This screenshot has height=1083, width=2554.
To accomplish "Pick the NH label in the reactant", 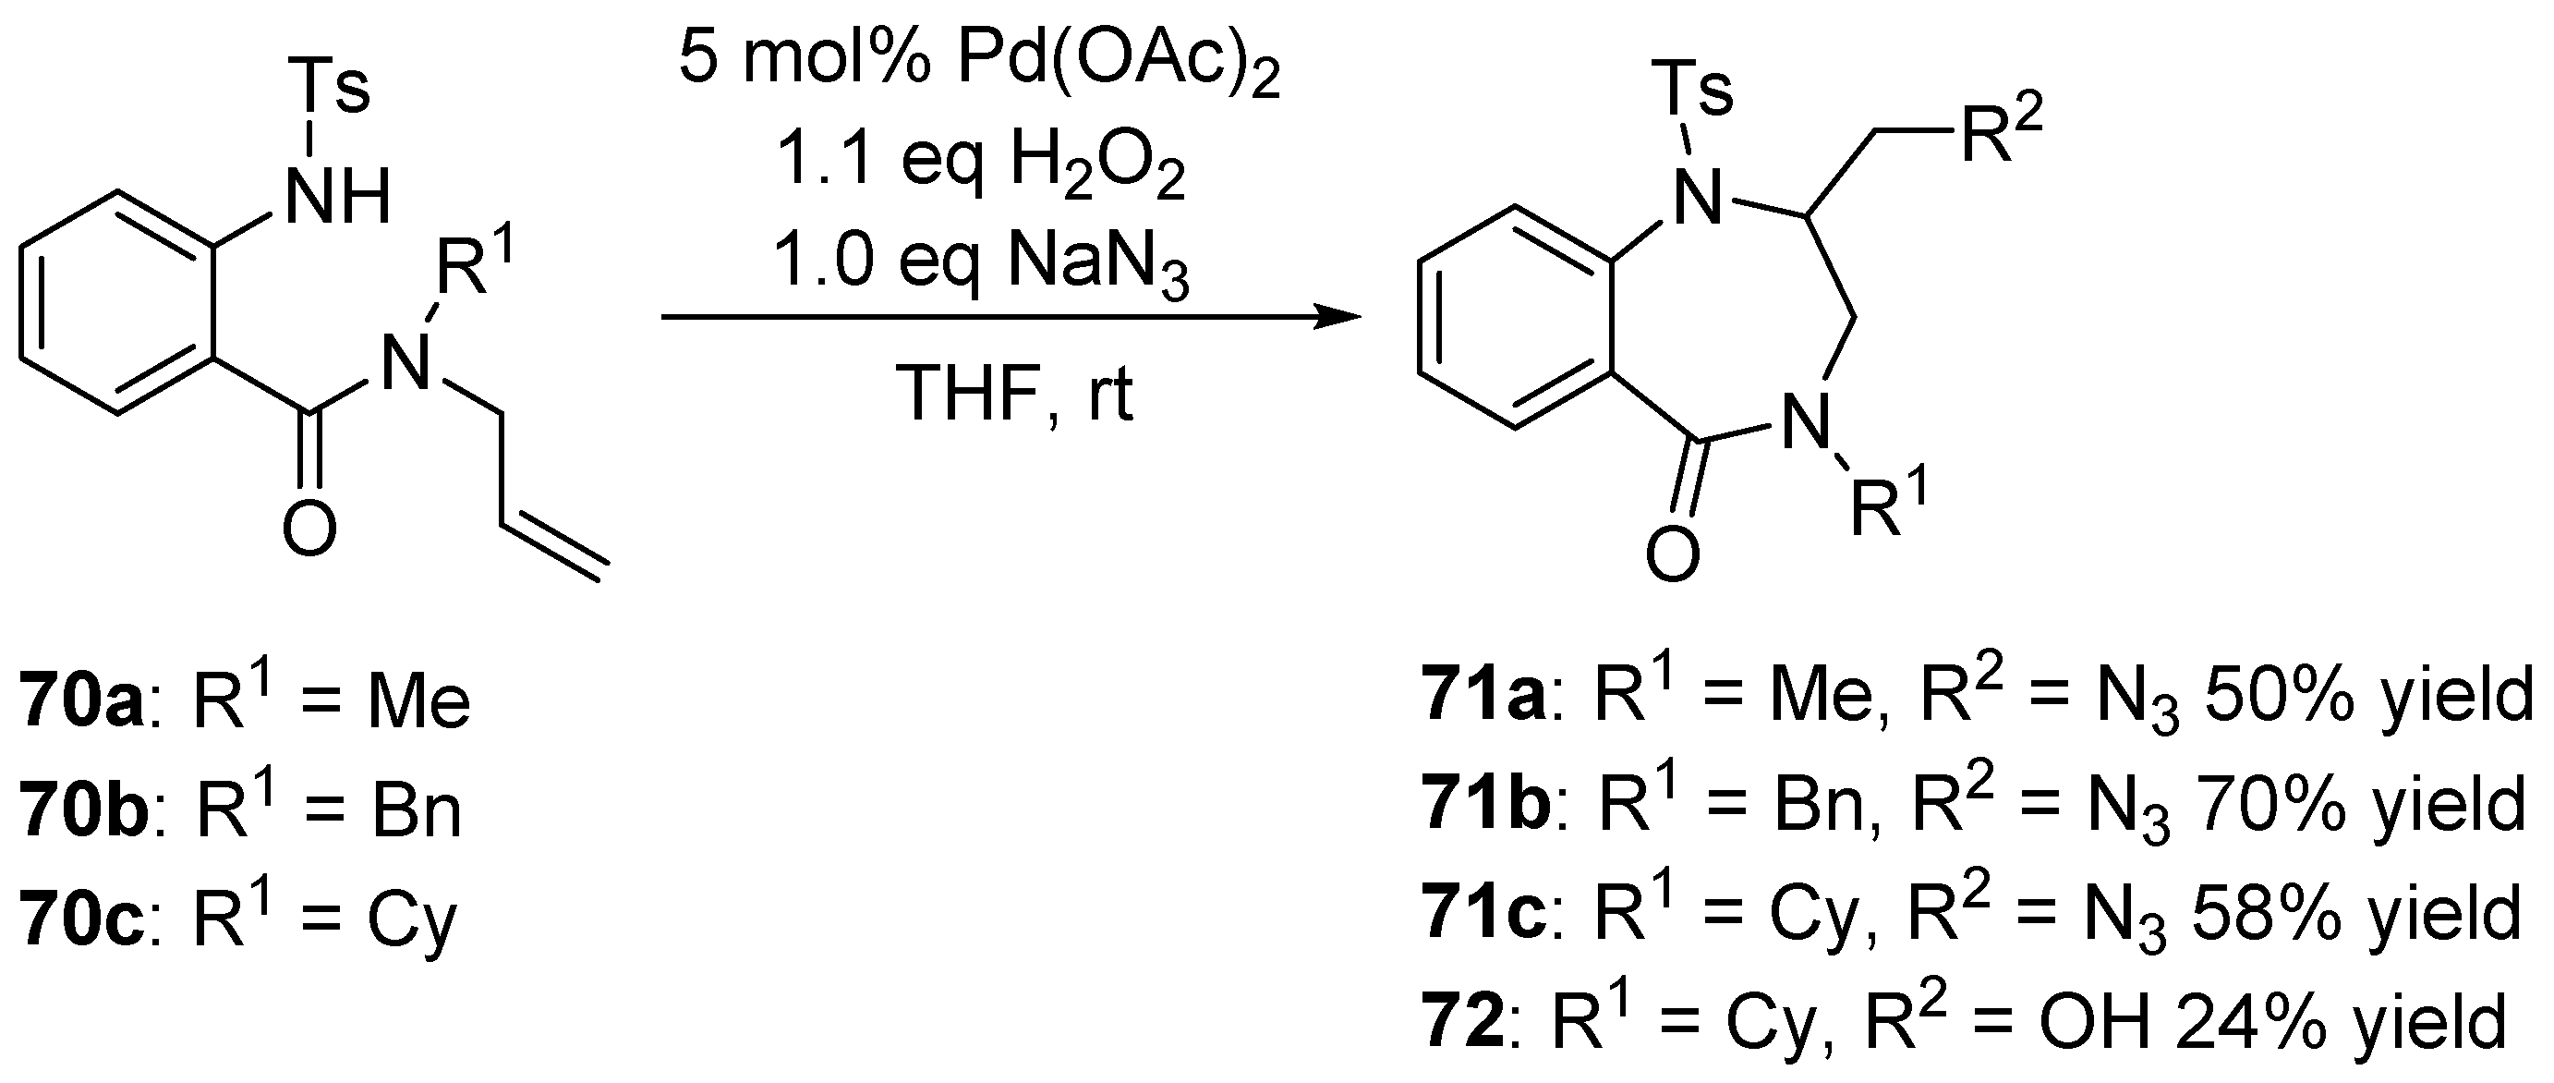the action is click(x=337, y=197).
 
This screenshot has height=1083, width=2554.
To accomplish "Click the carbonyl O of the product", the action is click(x=1673, y=554).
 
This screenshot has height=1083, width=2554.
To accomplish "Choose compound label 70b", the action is click(x=83, y=810).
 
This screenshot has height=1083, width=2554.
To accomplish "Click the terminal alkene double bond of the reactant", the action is click(x=555, y=551).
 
